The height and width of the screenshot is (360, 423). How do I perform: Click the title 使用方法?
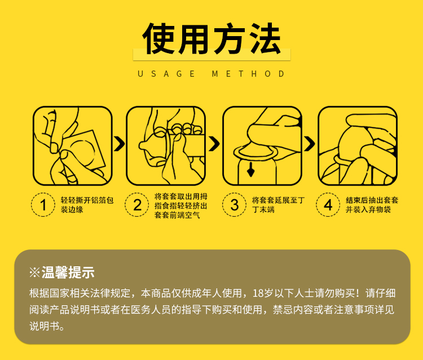(211, 38)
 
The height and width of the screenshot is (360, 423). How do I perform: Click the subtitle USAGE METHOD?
(211, 74)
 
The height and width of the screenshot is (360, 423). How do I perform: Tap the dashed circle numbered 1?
(43, 205)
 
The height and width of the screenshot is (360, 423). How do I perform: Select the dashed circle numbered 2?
(137, 205)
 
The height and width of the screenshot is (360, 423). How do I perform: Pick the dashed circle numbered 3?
(235, 205)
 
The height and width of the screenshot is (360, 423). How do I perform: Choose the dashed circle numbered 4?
(328, 205)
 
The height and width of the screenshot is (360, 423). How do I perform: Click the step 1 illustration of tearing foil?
(73, 146)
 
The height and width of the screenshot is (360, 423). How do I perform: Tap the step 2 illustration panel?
(166, 146)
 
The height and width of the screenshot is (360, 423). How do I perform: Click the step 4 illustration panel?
(358, 146)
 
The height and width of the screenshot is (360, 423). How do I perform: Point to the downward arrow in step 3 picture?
(251, 169)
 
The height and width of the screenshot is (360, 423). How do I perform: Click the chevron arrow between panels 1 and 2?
(120, 144)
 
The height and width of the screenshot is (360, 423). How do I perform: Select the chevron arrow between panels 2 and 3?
(214, 144)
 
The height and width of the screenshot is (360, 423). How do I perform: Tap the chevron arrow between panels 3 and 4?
(310, 144)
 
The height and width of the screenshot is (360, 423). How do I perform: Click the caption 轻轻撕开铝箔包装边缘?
(87, 205)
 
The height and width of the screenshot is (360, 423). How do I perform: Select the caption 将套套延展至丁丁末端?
(279, 205)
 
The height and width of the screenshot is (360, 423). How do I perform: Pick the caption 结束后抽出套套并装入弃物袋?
(372, 205)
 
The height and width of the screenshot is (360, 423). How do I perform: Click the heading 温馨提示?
(68, 273)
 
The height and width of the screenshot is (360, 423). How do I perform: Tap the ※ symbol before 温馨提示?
(35, 273)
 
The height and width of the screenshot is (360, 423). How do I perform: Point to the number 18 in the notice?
(258, 293)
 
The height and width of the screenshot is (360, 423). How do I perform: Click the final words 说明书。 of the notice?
(47, 326)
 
